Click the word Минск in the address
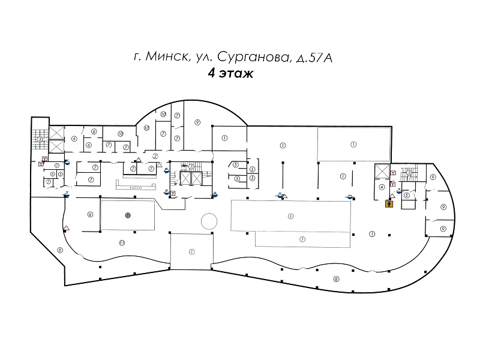164,58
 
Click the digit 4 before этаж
211,74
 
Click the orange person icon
389,203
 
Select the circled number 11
121,242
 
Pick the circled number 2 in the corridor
155,156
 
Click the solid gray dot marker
127,214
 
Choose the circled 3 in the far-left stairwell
40,139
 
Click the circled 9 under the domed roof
197,122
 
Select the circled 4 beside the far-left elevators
74,139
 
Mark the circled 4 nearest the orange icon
382,187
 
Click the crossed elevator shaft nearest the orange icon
382,171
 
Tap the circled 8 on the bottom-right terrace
336,278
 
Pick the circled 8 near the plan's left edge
59,250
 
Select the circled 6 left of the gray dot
89,214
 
